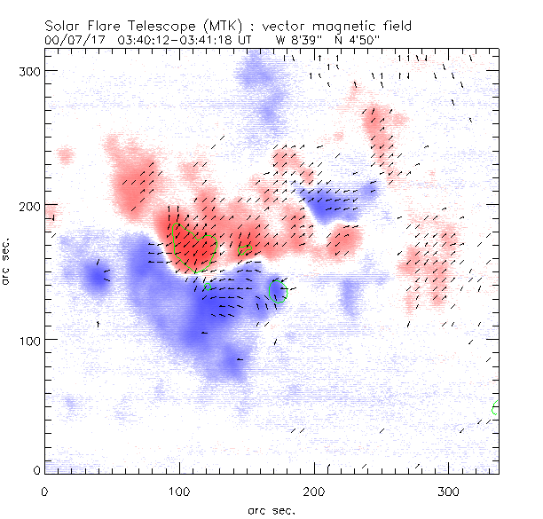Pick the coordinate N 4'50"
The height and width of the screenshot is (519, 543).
(353, 40)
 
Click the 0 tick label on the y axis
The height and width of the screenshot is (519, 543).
(35, 469)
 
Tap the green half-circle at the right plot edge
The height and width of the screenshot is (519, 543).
(495, 408)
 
